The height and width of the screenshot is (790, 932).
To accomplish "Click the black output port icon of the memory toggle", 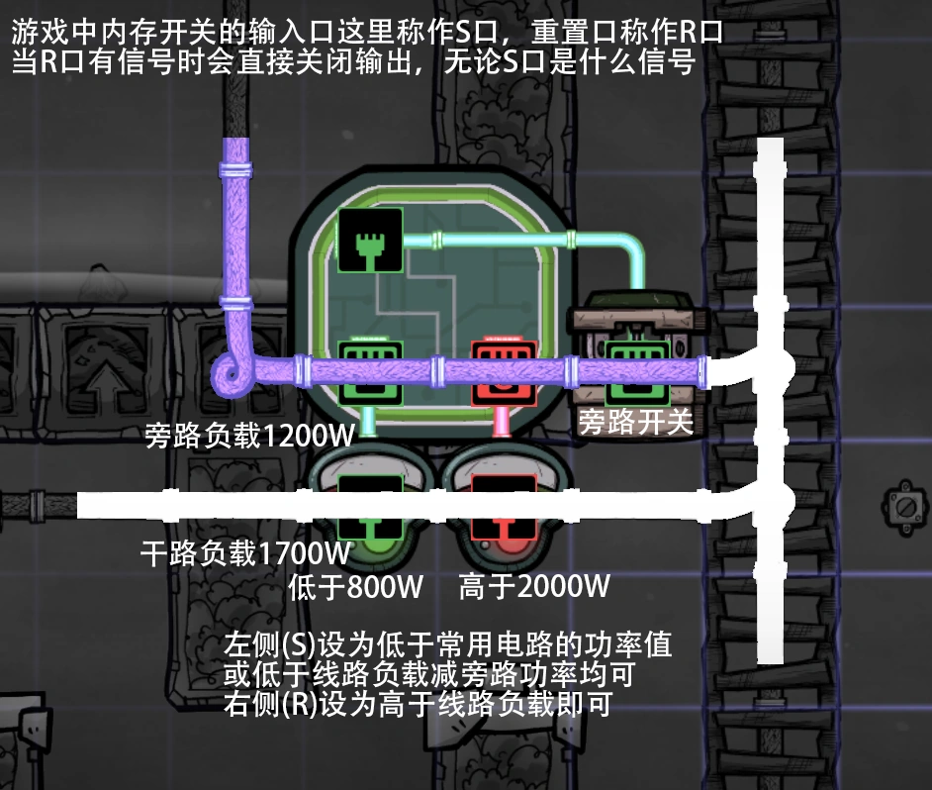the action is (x=369, y=240).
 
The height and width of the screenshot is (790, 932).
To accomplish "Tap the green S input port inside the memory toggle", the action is (x=369, y=370).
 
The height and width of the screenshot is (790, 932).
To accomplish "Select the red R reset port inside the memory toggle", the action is (x=502, y=370).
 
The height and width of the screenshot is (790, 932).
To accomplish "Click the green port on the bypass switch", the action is (x=638, y=370).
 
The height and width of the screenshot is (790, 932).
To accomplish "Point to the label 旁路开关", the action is (x=635, y=423).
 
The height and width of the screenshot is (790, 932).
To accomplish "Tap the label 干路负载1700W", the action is (x=245, y=552).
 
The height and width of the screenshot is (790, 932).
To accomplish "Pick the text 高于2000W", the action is (x=533, y=587).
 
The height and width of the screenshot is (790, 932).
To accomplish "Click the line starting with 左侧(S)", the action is (x=448, y=646).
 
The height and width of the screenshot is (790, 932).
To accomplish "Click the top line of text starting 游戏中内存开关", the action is (x=366, y=32).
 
